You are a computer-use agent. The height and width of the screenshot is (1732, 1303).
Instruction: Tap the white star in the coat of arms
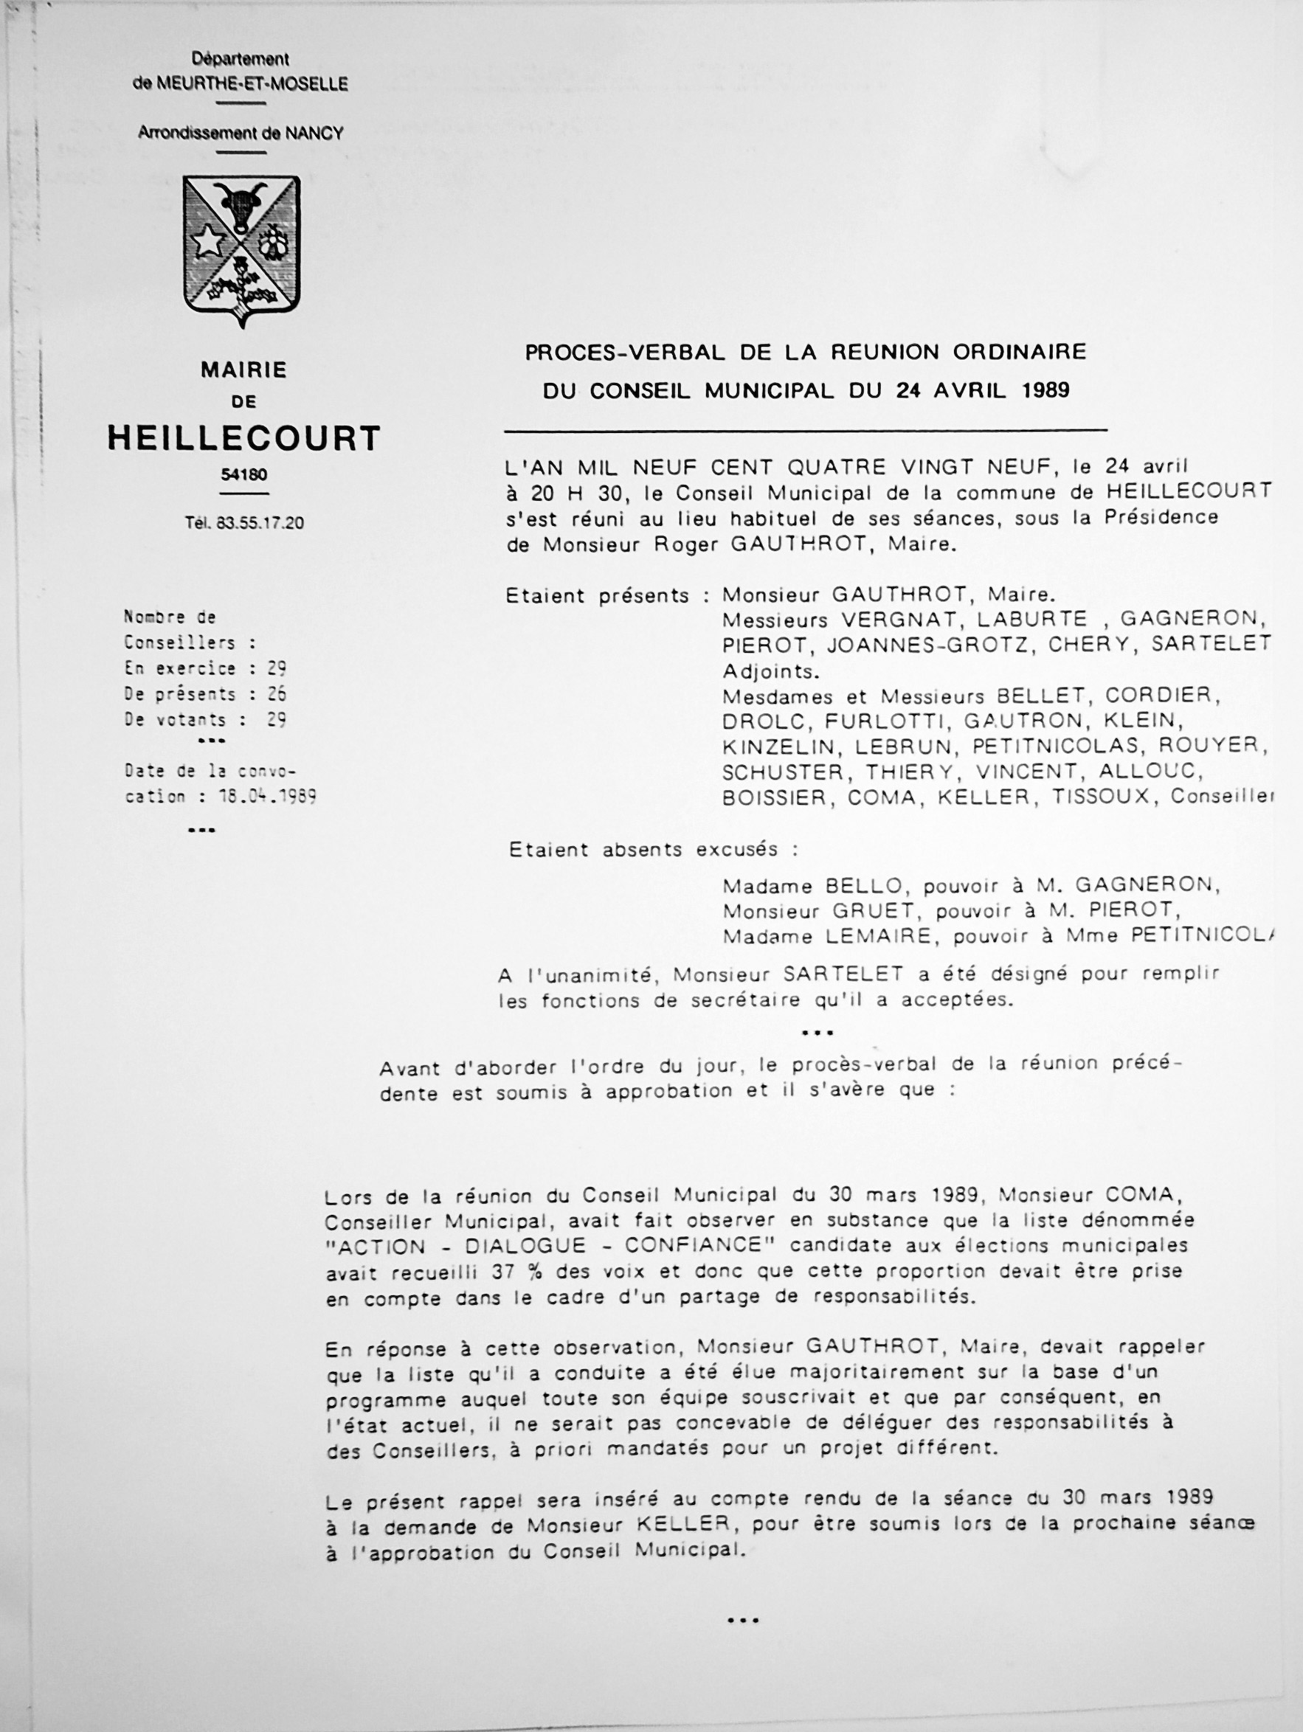click(x=207, y=242)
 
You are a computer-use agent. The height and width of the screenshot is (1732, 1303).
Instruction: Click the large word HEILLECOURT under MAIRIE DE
click(x=243, y=438)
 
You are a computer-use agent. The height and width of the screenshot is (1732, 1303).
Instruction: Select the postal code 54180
click(x=243, y=475)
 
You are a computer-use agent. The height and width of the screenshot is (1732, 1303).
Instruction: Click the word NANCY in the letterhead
click(x=314, y=133)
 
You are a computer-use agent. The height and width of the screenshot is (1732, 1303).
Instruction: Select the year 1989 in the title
click(x=1045, y=390)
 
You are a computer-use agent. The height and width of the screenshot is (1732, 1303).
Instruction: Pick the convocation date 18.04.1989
click(x=267, y=797)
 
